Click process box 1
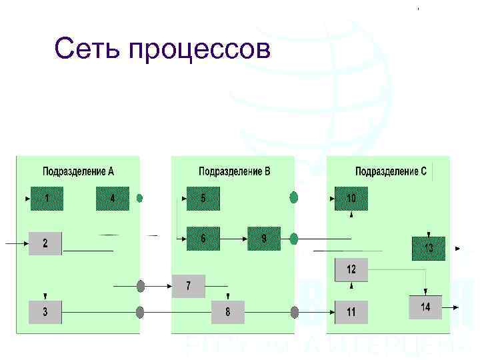47,199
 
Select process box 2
45,243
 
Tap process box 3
45,311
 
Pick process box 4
112,199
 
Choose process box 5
203,199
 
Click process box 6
203,238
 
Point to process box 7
189,286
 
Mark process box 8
228,311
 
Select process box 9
264,238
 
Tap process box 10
351,199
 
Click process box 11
351,311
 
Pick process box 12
351,269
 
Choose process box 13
429,248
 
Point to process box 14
425,307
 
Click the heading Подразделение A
78,171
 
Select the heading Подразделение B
235,171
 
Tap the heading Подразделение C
391,171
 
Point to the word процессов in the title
200,50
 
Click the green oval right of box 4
140,198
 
